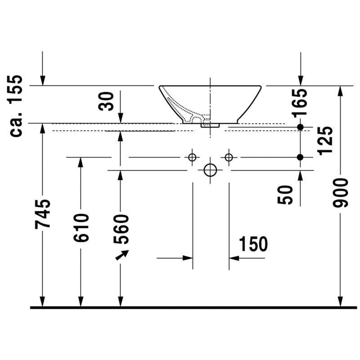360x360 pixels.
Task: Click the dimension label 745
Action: tap(42, 214)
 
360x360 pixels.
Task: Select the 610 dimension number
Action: tap(81, 228)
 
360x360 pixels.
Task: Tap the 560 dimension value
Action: tap(121, 229)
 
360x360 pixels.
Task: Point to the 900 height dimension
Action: tap(341, 193)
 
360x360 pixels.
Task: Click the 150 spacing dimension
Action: tap(253, 244)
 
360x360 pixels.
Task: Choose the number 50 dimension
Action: tap(285, 195)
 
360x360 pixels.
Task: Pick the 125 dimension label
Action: tap(325, 140)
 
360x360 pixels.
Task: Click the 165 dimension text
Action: tap(299, 103)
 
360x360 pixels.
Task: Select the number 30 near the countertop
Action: tap(106, 101)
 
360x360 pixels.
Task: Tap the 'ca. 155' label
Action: tap(16, 106)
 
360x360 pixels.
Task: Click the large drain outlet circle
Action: tap(210, 170)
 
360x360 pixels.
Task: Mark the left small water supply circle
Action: tap(192, 157)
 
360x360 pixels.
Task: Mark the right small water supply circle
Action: tap(229, 157)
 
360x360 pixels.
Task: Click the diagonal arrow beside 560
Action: tap(122, 255)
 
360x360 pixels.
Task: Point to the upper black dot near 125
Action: tap(300, 127)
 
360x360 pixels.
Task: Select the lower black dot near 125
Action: tap(300, 157)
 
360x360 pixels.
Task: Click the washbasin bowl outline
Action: tap(249, 104)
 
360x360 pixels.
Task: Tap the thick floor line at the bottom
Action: tap(193, 307)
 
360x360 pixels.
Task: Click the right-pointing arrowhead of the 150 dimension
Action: tap(188, 258)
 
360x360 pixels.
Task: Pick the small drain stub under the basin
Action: tap(210, 126)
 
